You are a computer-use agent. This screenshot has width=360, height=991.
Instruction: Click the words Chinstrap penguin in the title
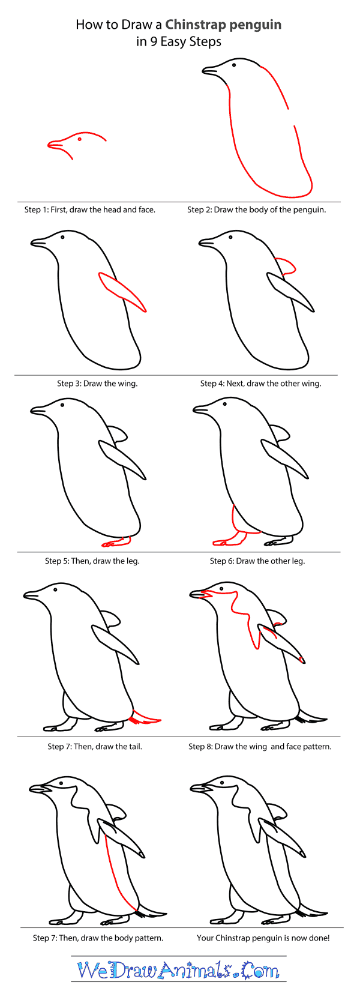223,25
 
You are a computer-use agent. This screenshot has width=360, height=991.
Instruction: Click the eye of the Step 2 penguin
234,64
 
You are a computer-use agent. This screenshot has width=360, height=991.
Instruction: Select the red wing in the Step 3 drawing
123,292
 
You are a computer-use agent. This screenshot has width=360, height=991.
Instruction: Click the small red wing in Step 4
286,265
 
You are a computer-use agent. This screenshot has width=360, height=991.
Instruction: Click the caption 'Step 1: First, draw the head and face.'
90,209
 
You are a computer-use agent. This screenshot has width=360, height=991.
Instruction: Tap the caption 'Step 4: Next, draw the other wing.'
260,383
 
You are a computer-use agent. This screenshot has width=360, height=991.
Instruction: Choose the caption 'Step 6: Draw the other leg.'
257,561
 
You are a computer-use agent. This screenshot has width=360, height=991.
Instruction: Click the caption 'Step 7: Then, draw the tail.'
95,747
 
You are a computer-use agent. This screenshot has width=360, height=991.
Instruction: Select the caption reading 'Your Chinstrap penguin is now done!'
263,938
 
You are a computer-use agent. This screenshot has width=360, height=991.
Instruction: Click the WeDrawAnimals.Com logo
178,970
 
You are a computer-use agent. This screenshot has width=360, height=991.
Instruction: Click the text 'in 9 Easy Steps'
178,41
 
